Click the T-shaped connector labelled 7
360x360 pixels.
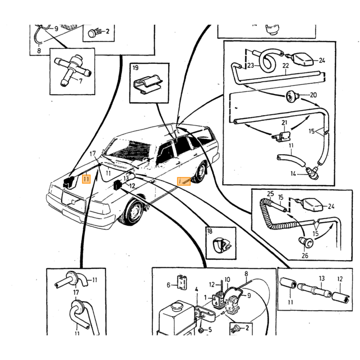click(72, 70)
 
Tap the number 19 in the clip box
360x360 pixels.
click(136, 68)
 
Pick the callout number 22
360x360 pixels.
click(285, 66)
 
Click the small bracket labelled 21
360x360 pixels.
click(282, 137)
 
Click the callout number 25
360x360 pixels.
click(271, 194)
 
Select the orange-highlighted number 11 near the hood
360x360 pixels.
click(86, 179)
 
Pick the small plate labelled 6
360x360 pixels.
click(183, 283)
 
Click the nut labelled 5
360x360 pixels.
click(202, 331)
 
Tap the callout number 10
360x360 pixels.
click(227, 280)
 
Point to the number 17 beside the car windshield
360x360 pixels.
click(93, 153)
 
